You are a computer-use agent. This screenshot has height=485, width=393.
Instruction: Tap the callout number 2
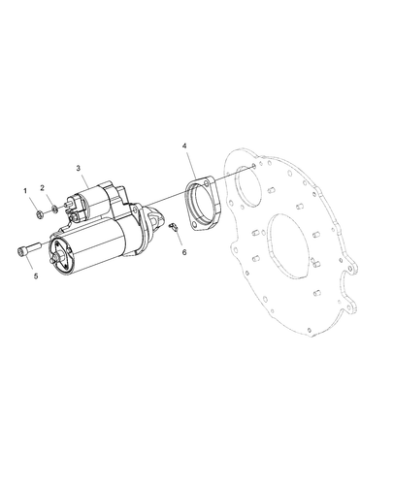(43, 188)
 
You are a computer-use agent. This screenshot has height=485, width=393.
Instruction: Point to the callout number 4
(184, 146)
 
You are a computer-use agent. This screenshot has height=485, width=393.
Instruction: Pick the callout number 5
(36, 275)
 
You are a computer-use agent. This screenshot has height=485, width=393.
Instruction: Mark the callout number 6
(183, 252)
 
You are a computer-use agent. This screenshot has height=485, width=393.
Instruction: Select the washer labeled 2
(53, 207)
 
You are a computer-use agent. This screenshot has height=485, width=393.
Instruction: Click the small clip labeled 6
(172, 228)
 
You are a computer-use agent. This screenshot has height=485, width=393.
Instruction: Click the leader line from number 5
(35, 265)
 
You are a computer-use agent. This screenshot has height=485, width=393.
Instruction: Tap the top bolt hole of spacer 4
(205, 180)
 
